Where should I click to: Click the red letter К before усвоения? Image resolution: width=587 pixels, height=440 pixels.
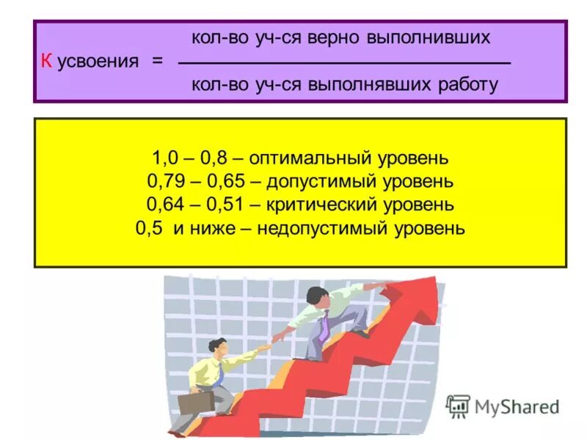coord(45,62)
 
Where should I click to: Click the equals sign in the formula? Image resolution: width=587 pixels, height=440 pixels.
coord(158,62)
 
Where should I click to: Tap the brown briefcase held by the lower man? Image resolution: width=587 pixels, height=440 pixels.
coord(196,401)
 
